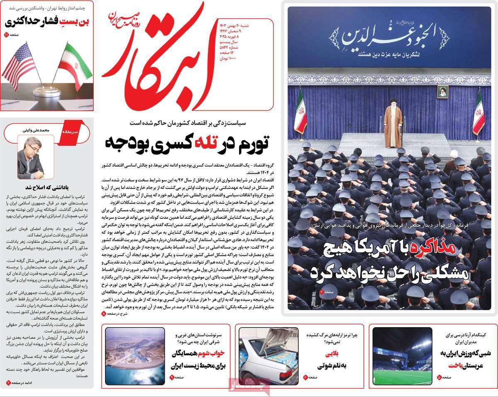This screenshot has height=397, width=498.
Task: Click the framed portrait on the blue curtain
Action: click(x=442, y=92)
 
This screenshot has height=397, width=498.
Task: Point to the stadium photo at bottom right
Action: click(x=402, y=356)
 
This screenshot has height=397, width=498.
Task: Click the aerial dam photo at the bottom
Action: click(x=134, y=356)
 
